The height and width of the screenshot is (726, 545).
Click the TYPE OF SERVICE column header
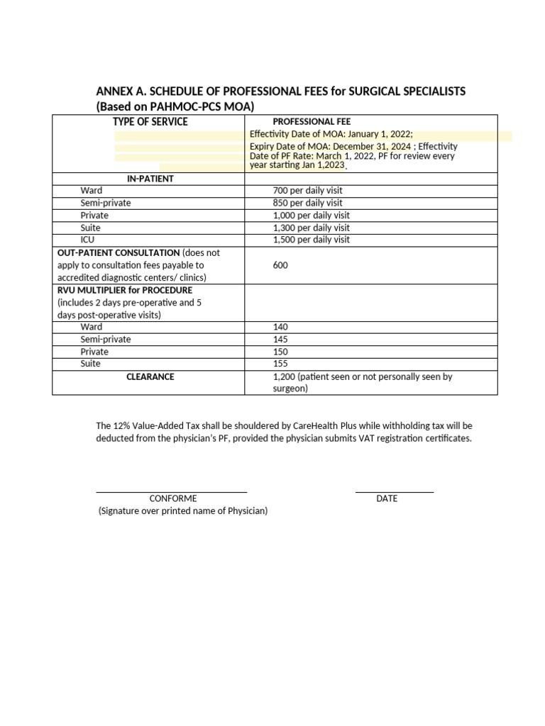(150, 122)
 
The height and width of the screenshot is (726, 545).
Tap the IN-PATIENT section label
(150, 179)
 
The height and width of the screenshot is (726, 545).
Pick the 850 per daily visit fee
(307, 203)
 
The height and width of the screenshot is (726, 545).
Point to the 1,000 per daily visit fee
(311, 216)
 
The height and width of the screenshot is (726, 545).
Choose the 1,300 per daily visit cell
(311, 228)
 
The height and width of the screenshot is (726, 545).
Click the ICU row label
(87, 240)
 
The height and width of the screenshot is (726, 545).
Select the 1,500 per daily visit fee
(311, 240)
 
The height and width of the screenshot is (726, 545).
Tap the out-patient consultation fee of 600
(280, 265)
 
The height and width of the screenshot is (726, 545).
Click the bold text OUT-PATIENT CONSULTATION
(119, 252)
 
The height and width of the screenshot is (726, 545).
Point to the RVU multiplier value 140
(280, 327)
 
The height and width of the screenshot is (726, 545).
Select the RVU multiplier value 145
(280, 340)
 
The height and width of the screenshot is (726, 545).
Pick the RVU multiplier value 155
(280, 364)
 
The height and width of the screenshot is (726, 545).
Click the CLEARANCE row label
(150, 376)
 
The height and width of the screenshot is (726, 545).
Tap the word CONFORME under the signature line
(173, 498)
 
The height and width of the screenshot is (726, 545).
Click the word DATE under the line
(387, 498)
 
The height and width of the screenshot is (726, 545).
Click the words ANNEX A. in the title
(120, 92)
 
